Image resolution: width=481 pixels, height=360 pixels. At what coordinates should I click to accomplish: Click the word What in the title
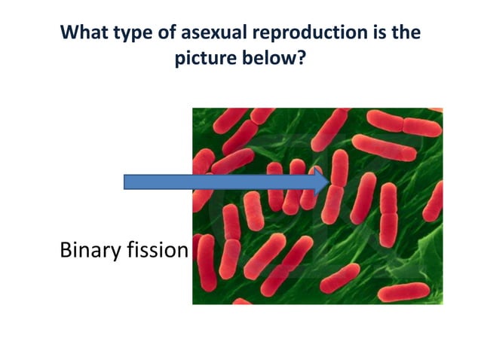coord(84,33)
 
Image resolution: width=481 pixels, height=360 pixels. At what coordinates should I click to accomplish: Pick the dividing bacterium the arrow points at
coord(337,185)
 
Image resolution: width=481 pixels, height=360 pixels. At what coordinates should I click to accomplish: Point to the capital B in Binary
coord(66,250)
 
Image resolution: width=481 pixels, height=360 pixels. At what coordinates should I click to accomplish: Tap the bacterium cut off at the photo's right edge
coord(435,200)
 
